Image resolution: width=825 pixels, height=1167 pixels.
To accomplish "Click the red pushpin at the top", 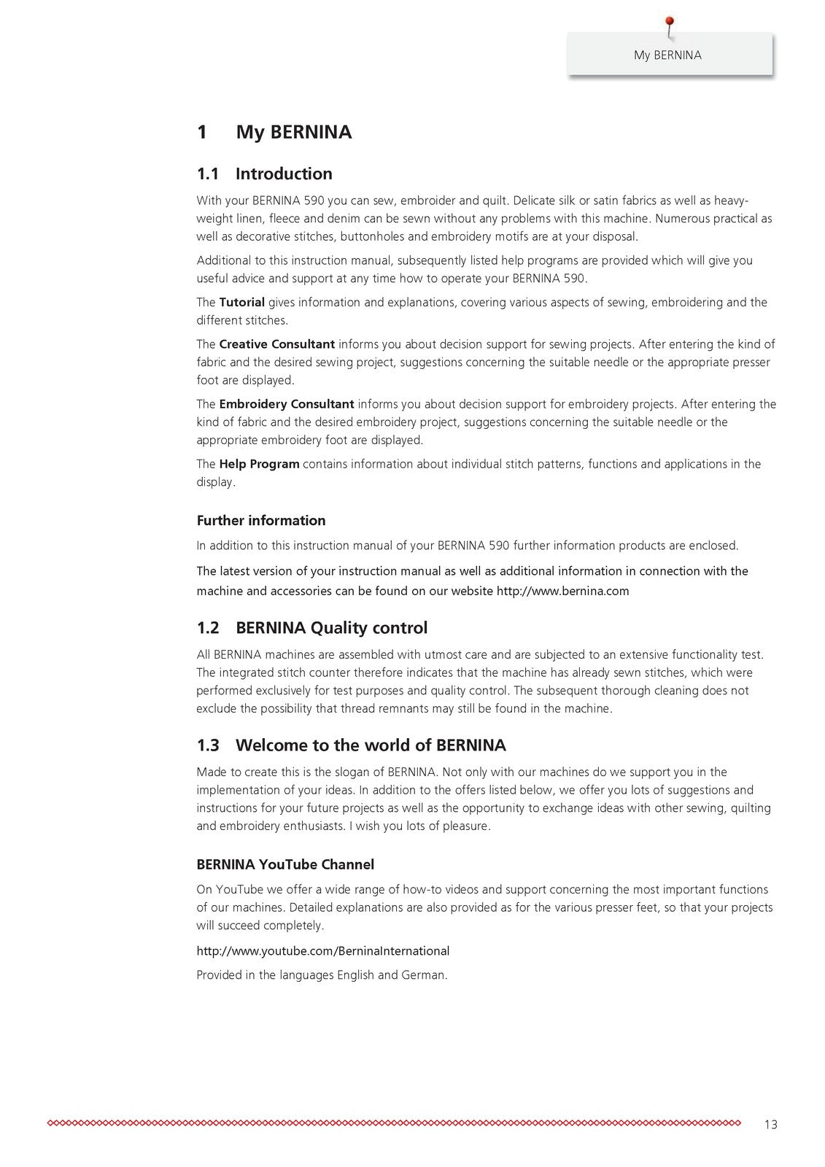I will tap(670, 24).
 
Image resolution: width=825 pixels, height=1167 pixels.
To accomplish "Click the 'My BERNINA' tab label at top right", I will tap(667, 55).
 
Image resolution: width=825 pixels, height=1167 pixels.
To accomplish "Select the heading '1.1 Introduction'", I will tap(264, 174).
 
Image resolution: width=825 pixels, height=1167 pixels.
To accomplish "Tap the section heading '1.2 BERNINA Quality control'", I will tap(311, 628).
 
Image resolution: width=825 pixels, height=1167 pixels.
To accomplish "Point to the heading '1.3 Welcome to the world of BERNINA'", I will tap(351, 745).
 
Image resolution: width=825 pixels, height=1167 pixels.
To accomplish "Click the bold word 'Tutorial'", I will tap(241, 302).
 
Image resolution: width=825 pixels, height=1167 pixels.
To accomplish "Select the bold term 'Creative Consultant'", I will tap(276, 344).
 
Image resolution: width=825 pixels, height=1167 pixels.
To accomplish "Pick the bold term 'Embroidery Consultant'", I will tap(286, 404).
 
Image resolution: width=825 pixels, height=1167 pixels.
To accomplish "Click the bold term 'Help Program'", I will tap(259, 464).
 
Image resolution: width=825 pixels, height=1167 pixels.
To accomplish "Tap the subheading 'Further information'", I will tap(261, 521).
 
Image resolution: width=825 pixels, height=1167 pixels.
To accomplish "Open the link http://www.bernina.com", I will tap(562, 591).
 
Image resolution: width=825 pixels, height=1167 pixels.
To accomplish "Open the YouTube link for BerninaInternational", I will tap(322, 951).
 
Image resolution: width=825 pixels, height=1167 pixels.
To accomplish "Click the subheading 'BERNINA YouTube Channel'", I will tap(285, 865).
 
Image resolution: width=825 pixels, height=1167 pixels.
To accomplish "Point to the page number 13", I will tap(771, 1125).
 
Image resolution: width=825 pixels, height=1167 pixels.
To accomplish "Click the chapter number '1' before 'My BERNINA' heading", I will tap(202, 133).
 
